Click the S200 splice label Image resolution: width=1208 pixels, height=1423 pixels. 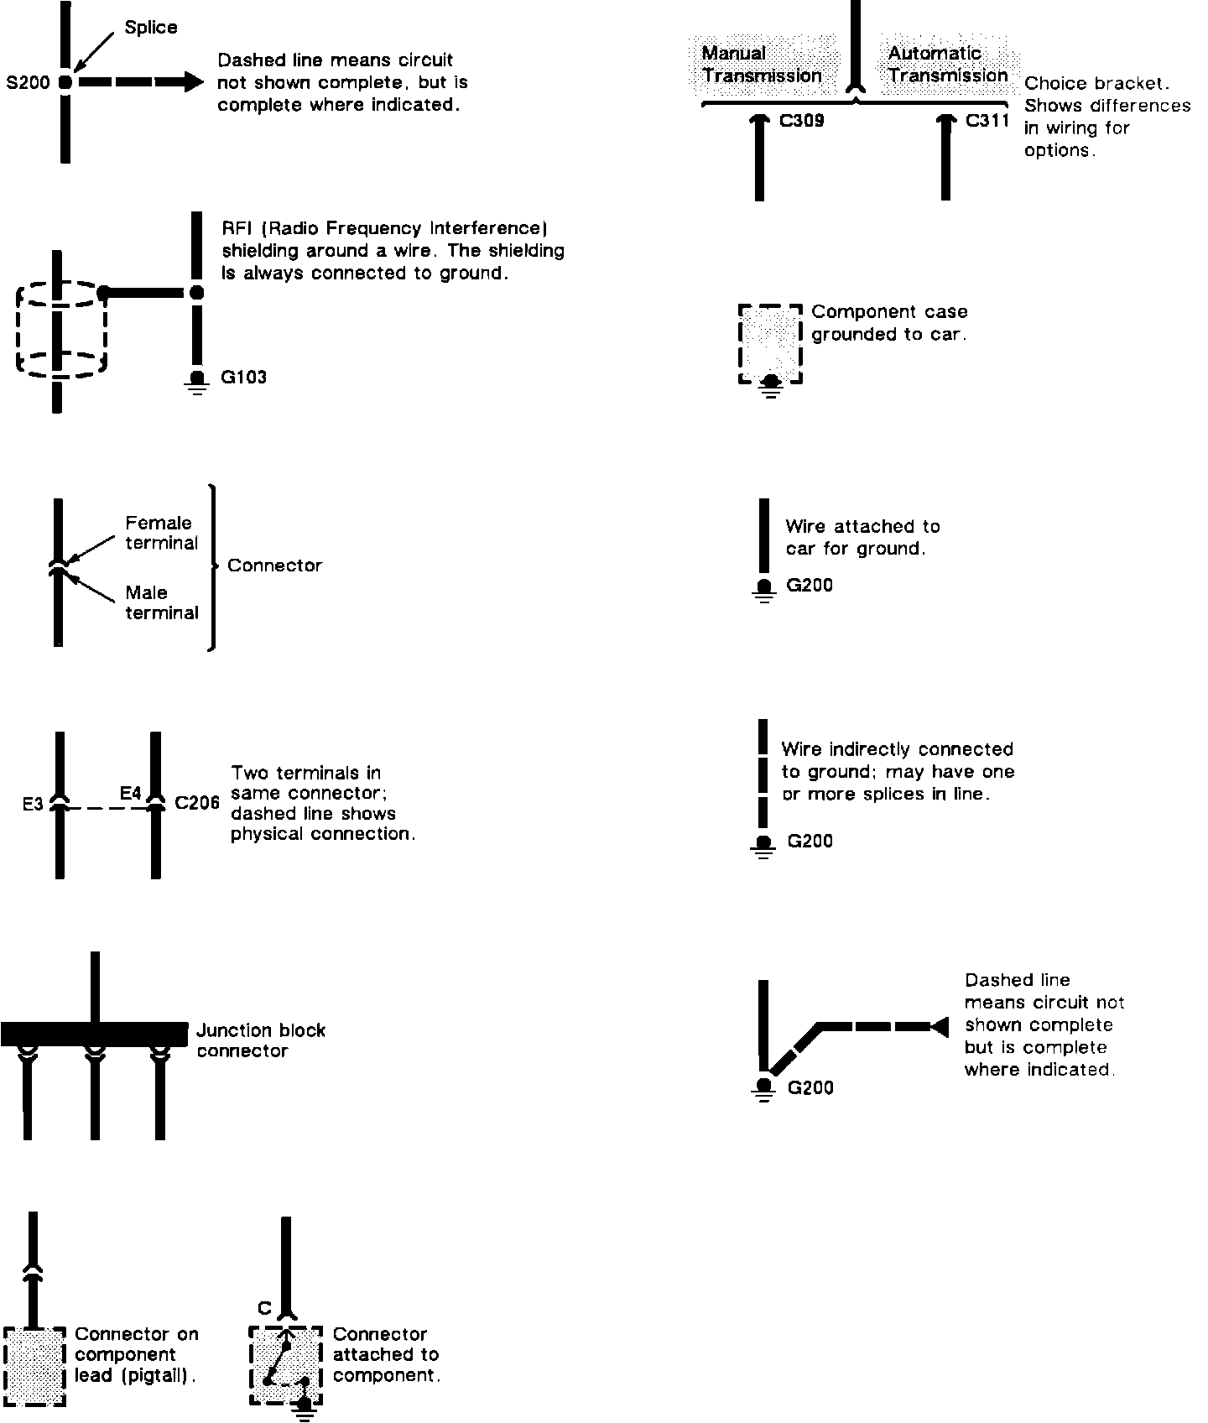click(28, 82)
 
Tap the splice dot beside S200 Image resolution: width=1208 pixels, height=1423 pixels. click(65, 82)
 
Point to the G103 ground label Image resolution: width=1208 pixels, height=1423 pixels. click(243, 377)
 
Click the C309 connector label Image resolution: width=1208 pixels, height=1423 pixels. click(801, 121)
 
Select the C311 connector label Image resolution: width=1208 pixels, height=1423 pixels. click(987, 120)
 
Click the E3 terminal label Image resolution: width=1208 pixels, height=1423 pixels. click(33, 805)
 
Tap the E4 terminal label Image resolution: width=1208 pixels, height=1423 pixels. click(131, 792)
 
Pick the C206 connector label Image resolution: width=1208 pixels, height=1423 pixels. click(197, 803)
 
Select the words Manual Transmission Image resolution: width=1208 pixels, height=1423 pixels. click(762, 65)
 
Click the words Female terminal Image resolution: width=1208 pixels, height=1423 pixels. click(162, 533)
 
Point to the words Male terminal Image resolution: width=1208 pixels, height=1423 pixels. click(162, 602)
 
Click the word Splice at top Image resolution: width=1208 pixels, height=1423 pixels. click(151, 28)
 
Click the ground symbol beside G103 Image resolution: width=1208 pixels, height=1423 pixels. click(197, 382)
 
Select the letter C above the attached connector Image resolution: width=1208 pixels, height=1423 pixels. click(264, 1308)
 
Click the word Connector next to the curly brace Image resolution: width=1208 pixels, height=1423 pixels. click(274, 566)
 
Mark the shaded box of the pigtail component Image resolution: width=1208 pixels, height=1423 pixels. click(34, 1367)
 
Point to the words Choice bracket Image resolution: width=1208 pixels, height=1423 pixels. click(1096, 83)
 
